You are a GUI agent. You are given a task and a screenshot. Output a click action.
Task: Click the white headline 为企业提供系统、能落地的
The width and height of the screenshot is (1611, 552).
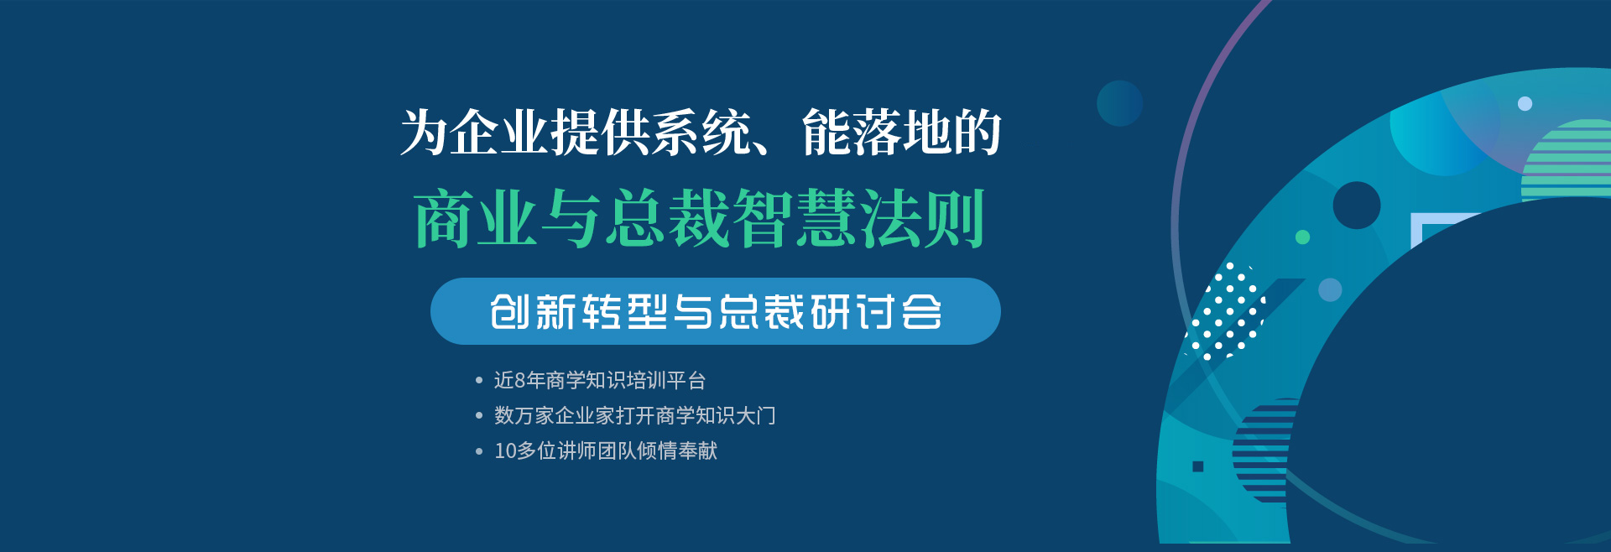(x=701, y=133)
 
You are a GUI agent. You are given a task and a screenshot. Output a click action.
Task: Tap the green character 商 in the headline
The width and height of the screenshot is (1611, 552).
(x=444, y=218)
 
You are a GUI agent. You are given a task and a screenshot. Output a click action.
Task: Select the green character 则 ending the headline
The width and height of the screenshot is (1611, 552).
(x=954, y=218)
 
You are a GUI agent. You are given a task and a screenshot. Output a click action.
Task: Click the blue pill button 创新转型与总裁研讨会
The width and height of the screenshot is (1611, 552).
(x=715, y=311)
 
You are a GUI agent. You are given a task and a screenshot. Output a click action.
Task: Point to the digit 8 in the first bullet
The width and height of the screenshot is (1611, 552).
(x=519, y=381)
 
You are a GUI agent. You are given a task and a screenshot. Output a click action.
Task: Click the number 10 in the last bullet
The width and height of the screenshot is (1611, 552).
(x=505, y=451)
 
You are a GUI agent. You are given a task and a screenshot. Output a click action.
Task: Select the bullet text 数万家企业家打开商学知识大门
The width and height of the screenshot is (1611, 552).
(x=635, y=416)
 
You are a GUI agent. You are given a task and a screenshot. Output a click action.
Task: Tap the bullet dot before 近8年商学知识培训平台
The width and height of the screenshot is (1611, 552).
(x=479, y=381)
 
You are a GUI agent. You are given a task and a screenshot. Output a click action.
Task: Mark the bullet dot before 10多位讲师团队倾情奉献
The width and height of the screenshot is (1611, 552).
(x=479, y=451)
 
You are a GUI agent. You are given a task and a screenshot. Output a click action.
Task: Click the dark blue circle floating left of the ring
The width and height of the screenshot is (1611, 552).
(x=1120, y=103)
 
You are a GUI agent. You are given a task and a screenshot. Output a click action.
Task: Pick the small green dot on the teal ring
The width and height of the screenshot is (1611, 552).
(x=1302, y=237)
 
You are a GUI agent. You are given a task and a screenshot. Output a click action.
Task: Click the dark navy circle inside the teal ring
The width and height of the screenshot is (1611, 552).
(x=1357, y=206)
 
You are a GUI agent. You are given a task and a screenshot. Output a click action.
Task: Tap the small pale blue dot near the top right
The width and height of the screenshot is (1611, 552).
(x=1525, y=104)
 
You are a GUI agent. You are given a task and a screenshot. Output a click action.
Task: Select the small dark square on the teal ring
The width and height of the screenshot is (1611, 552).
(x=1198, y=466)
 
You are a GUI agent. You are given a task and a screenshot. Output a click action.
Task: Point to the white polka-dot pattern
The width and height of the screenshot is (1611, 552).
(x=1225, y=311)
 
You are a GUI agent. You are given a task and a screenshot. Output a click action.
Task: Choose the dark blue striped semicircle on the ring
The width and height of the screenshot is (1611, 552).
(x=1264, y=450)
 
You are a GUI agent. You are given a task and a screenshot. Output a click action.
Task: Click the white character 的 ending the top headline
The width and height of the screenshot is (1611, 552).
(x=978, y=133)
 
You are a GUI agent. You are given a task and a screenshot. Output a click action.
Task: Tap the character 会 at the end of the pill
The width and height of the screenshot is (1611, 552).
(x=921, y=312)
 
